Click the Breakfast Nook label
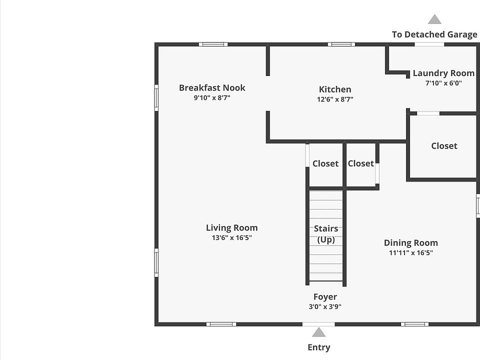[x=212, y=88]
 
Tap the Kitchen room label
[x=335, y=89]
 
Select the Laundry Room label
[x=443, y=73]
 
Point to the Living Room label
[x=231, y=228]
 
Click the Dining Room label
[x=410, y=243]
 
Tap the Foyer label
[x=325, y=297]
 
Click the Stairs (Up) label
[x=326, y=234]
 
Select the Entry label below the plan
[x=318, y=347]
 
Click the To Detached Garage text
[x=434, y=34]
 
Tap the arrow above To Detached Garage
[x=434, y=19]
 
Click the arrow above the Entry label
[x=318, y=332]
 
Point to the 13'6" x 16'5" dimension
[x=231, y=238]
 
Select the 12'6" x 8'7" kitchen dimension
[x=335, y=99]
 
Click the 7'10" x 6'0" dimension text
[x=443, y=83]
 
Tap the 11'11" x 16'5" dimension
[x=410, y=253]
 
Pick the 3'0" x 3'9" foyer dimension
[x=325, y=307]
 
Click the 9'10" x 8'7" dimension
[x=212, y=98]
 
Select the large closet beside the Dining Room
[x=444, y=146]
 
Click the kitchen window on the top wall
[x=341, y=44]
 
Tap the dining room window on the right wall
[x=477, y=205]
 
